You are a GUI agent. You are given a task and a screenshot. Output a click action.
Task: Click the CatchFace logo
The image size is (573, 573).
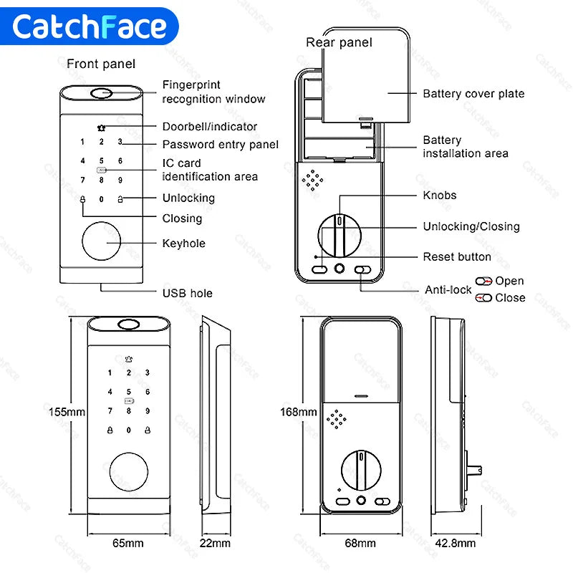click(90, 27)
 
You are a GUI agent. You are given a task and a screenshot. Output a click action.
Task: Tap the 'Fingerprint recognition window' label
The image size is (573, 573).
click(213, 92)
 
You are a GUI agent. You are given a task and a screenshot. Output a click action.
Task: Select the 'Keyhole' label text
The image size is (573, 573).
click(183, 244)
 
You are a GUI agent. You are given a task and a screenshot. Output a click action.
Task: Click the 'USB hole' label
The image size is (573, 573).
click(187, 293)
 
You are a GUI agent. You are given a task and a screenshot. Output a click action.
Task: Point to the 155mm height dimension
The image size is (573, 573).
click(67, 412)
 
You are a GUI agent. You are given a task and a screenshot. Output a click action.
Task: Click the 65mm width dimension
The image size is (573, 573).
click(128, 543)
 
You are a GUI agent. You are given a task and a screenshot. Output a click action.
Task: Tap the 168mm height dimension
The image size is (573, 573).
click(298, 412)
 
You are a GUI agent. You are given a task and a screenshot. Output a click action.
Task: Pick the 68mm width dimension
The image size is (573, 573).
click(360, 543)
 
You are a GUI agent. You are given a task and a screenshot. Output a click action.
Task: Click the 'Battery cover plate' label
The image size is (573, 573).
click(473, 94)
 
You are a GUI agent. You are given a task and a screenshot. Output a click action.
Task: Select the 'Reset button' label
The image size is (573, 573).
click(457, 256)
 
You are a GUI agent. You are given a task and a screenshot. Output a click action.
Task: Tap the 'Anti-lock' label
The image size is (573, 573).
click(448, 290)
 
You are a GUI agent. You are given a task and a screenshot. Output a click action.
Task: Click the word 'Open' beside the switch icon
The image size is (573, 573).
click(509, 281)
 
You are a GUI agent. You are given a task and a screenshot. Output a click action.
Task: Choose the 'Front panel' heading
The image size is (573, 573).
click(101, 64)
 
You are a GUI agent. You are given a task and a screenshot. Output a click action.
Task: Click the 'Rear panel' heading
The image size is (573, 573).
click(339, 42)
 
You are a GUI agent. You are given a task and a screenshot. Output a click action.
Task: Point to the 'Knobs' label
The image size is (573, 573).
click(439, 195)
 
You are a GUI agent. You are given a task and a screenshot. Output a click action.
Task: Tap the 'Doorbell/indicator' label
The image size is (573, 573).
click(209, 126)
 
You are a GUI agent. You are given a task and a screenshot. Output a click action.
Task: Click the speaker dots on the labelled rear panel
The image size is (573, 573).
click(314, 180)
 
